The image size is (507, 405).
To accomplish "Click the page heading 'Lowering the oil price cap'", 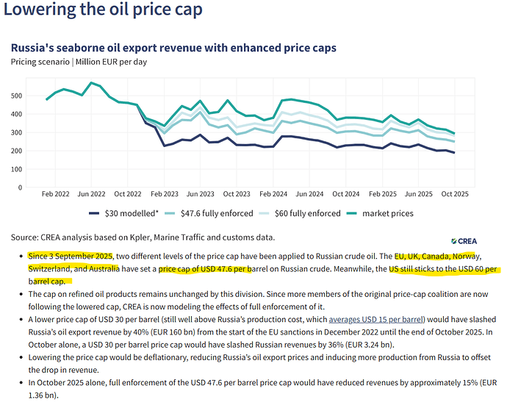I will coord(102,10).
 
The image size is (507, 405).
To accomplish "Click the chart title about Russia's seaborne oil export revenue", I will coord(173,48).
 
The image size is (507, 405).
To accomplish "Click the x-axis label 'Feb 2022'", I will coord(56,196).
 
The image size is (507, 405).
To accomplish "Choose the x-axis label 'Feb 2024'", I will coord(272,196).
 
